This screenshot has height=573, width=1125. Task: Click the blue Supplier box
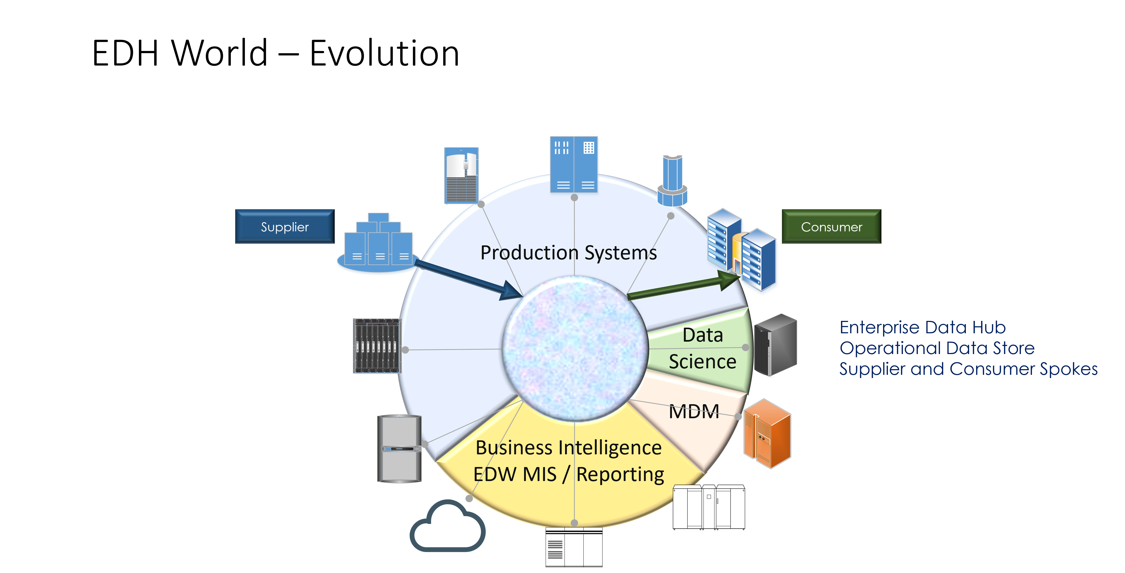click(x=285, y=227)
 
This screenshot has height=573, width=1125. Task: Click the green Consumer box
click(x=831, y=227)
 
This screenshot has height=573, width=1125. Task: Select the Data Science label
click(x=702, y=348)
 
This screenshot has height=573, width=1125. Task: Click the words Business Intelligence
click(x=568, y=448)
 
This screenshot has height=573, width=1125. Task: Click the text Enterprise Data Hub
click(x=922, y=327)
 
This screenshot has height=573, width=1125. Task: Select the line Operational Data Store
click(x=937, y=348)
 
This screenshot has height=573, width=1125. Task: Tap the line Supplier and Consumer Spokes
click(x=968, y=369)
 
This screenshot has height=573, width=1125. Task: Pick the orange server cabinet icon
click(x=767, y=434)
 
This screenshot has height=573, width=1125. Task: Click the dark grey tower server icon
click(x=776, y=345)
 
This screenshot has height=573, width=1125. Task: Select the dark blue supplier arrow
click(x=467, y=280)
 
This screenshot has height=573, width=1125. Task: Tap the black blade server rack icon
click(x=377, y=346)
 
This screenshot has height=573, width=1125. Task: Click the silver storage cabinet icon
click(x=399, y=448)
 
